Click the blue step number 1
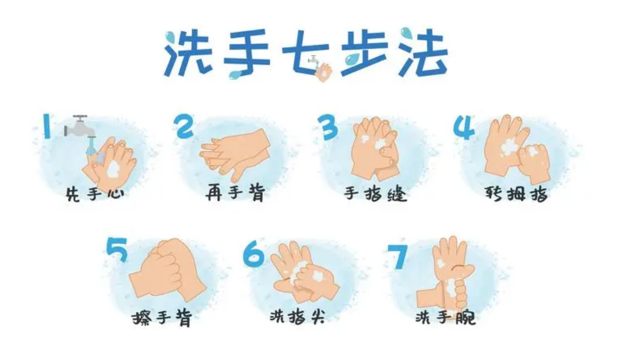coord(47,126)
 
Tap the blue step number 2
coord(183,126)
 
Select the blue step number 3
coord(328,127)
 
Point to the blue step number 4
coord(464,127)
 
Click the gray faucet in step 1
coord(79,127)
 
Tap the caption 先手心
coord(95,195)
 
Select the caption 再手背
coord(235,193)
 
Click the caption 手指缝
coord(375,195)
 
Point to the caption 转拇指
coord(517,194)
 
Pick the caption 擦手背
coord(162,318)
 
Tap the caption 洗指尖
coord(297,316)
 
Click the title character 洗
coord(189,53)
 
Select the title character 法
coord(423,53)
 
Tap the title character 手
coord(246,52)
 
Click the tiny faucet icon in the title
coord(314,61)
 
